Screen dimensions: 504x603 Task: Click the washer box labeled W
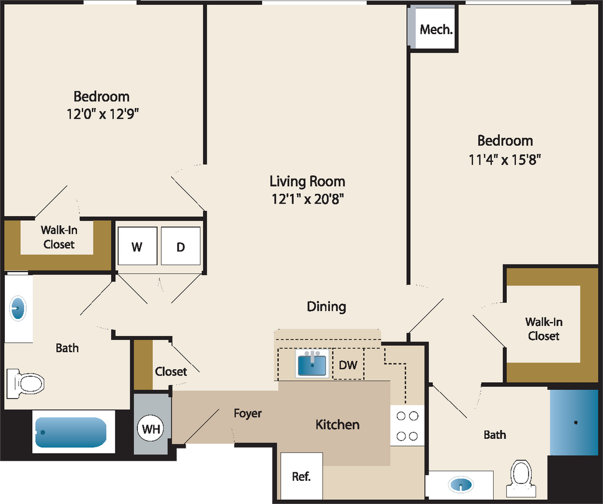pyautogui.click(x=137, y=246)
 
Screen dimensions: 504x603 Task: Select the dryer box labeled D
pyautogui.click(x=181, y=246)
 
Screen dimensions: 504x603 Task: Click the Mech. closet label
pyautogui.click(x=436, y=29)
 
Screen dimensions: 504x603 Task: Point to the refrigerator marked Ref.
pyautogui.click(x=301, y=476)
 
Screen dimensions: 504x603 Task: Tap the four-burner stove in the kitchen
pyautogui.click(x=407, y=426)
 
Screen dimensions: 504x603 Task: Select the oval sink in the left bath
pyautogui.click(x=19, y=309)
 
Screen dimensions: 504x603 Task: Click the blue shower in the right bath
pyautogui.click(x=573, y=422)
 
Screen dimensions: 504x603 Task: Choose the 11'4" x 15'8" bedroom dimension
pyautogui.click(x=504, y=159)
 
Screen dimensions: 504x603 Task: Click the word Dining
pyautogui.click(x=326, y=306)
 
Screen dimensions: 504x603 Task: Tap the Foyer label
pyautogui.click(x=247, y=413)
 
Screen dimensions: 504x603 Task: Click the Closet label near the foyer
pyautogui.click(x=171, y=371)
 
